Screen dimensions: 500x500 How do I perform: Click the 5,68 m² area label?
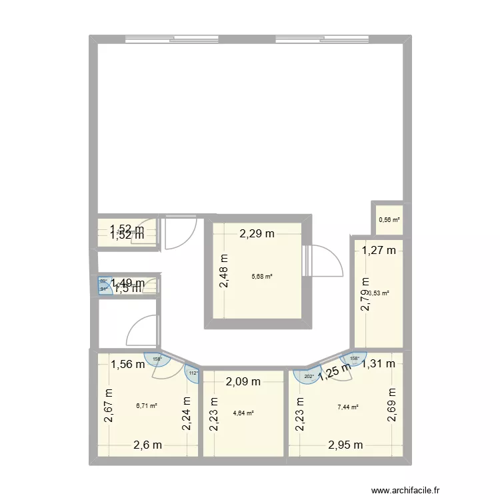coord(262,276)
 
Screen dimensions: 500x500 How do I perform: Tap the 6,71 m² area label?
coord(147,405)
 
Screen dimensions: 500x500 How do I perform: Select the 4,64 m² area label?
coord(243,413)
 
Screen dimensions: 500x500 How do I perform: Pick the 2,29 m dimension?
coord(257,233)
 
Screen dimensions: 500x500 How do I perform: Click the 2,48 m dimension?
coord(223,273)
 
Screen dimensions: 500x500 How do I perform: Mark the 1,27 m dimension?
coord(379,251)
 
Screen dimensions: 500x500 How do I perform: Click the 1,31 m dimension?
coord(379,363)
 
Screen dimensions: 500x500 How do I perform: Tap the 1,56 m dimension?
coord(127,364)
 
